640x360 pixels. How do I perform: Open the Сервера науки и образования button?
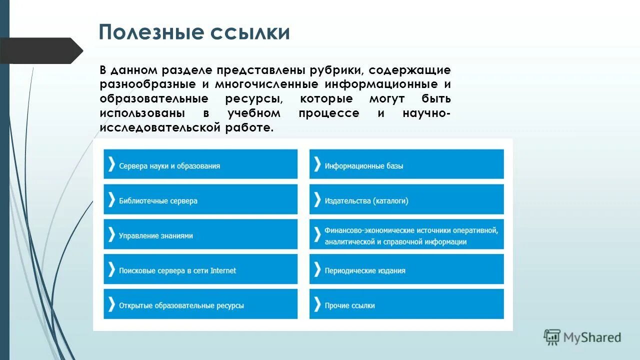pos(200,164)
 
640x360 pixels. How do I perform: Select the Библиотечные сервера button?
pos(200,199)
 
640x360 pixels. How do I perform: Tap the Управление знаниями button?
pos(200,234)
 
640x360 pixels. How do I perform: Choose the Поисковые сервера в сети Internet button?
pos(200,269)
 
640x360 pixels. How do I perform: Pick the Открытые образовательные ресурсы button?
pos(200,304)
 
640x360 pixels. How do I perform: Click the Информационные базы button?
pos(406,164)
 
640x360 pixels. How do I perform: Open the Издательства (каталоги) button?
pos(406,199)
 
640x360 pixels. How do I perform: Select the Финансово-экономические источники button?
pos(406,234)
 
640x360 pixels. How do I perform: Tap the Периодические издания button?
pos(406,269)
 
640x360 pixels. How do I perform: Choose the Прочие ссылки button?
pos(406,304)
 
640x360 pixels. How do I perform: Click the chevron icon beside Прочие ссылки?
pos(317,304)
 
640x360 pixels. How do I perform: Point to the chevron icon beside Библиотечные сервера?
pos(111,199)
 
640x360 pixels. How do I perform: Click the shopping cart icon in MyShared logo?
pos(552,337)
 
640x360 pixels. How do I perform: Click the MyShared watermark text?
pos(592,338)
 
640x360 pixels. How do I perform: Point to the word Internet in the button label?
pos(223,270)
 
